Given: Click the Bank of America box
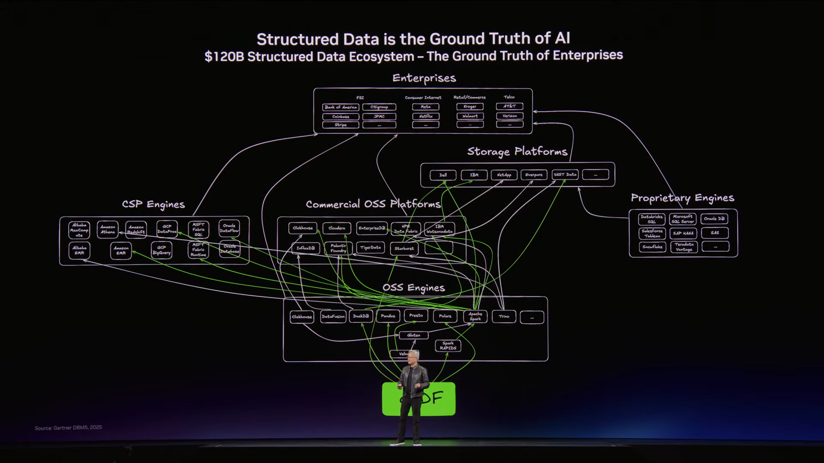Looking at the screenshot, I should point(340,107).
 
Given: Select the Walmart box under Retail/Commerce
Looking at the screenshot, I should point(470,116).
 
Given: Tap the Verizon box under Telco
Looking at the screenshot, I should point(509,116).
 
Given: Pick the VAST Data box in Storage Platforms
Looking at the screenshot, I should point(565,174).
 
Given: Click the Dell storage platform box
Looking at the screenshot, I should point(443,175).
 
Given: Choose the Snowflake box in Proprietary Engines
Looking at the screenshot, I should point(652,247).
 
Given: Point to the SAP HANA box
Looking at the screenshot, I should point(683,233).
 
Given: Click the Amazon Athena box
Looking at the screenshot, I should point(108,230).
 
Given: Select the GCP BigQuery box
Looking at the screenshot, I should point(161,250).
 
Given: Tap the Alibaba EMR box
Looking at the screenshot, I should point(79,250).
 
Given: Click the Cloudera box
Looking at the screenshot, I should point(336,228).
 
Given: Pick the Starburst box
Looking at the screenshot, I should point(404,248).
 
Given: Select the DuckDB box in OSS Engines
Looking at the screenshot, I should point(360,316).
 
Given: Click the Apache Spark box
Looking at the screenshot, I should point(475,316).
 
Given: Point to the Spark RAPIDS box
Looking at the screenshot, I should point(448,346).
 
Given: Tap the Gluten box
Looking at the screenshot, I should point(414,335).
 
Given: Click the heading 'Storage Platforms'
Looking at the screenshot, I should point(517,151).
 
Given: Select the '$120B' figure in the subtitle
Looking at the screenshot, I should point(224,57).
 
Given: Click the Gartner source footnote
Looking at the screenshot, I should point(68,427).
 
